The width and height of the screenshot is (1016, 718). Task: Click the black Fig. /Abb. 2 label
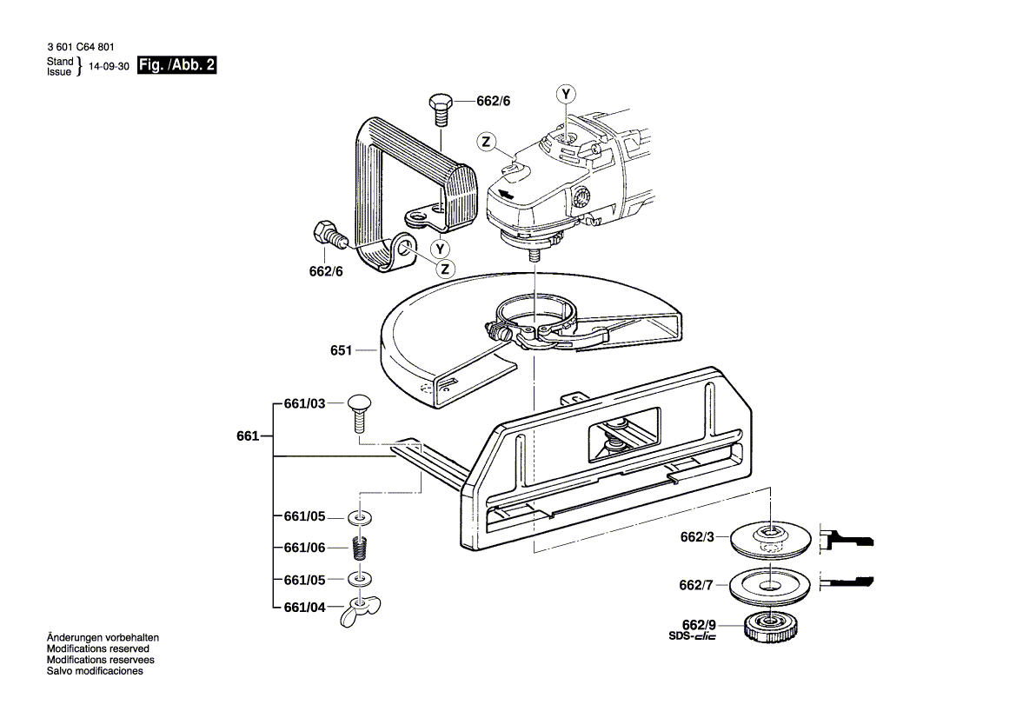point(177,65)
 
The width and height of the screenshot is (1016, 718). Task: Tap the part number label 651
point(341,350)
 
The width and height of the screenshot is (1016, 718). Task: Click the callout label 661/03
point(304,404)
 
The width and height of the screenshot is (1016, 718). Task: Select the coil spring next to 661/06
point(358,548)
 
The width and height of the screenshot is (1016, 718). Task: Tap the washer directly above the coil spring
point(358,518)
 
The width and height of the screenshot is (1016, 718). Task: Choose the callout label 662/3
point(697,537)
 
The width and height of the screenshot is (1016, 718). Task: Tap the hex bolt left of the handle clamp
point(328,234)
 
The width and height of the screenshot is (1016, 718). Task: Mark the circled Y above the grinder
point(566,94)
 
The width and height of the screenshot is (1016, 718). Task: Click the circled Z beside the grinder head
point(487,142)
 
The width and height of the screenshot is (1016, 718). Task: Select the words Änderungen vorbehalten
point(103,638)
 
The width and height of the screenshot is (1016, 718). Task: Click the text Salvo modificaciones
point(95,671)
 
